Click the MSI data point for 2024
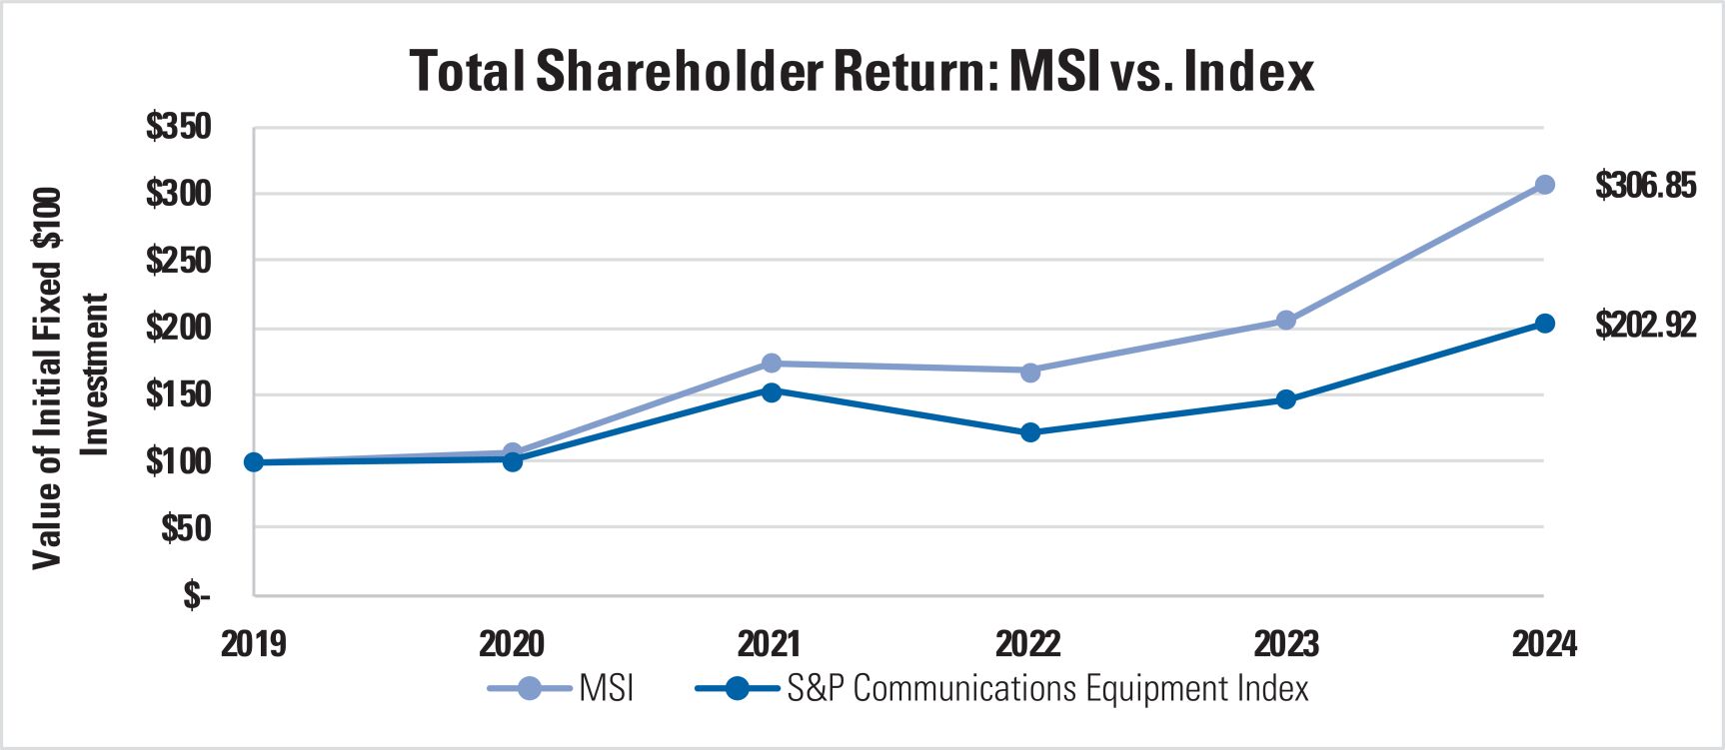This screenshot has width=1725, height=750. (1544, 185)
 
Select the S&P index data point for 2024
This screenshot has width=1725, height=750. (1544, 324)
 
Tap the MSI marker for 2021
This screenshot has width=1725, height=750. (771, 364)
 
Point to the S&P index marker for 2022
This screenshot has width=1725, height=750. (1029, 432)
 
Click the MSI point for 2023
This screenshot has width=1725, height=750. (1286, 321)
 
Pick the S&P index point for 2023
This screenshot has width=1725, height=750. (1286, 399)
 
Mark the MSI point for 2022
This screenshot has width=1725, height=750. (1029, 372)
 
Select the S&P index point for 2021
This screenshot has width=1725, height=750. (771, 391)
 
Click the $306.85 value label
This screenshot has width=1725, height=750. (1645, 186)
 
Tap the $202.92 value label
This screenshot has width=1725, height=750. (1645, 325)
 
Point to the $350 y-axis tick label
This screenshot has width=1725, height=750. (179, 127)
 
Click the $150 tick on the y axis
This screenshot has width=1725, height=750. (179, 394)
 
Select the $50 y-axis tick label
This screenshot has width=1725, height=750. (186, 528)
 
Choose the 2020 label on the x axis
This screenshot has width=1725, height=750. (512, 644)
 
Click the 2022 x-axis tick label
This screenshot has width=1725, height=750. (1028, 644)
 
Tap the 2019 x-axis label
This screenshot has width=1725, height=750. (253, 644)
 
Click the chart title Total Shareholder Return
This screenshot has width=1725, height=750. (862, 72)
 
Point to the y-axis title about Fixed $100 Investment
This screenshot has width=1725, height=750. (70, 377)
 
